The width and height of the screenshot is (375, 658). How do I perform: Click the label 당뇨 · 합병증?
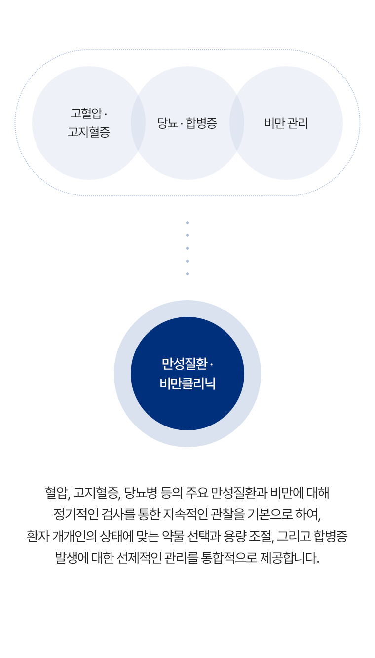point(187,123)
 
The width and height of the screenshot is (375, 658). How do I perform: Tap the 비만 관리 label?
point(286,123)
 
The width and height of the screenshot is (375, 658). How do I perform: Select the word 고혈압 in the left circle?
point(86,114)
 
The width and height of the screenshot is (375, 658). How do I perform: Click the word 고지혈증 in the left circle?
point(89,132)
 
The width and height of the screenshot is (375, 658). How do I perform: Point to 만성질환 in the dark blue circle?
point(185,364)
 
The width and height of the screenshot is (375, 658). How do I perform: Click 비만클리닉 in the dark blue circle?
point(187,384)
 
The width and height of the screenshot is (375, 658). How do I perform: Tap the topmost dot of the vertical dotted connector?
point(187,223)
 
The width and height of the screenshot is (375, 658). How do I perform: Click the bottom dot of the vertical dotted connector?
point(187,274)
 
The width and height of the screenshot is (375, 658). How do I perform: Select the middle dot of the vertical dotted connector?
point(187,248)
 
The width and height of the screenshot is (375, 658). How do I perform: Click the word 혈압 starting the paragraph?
point(58,493)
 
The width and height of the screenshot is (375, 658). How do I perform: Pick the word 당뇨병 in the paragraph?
point(141,493)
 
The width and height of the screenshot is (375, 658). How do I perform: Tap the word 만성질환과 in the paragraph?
point(239,493)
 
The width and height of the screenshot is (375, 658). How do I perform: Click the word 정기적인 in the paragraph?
point(76,514)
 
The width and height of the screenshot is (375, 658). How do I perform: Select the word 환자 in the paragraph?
point(38,536)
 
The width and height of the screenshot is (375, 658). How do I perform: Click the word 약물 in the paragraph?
point(173,536)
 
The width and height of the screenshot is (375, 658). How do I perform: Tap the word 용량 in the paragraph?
point(235,536)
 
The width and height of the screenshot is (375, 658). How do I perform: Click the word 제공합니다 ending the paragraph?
point(290,557)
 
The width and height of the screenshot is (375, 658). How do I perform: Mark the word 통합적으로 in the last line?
point(229,557)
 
